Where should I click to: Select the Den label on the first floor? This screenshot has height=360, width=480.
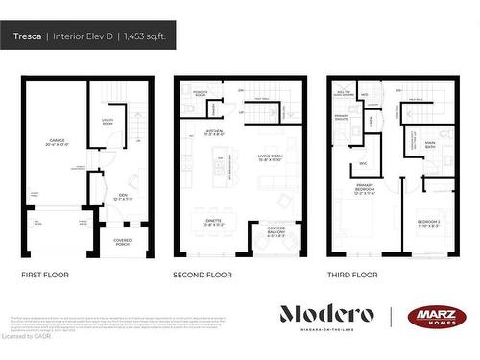click(123, 197)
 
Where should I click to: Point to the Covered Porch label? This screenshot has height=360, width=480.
click(123, 242)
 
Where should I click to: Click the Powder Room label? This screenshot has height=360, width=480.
click(200, 94)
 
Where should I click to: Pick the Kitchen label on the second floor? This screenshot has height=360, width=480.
click(214, 132)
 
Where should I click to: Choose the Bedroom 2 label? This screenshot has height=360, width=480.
click(428, 224)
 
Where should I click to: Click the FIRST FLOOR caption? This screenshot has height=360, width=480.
click(46, 275)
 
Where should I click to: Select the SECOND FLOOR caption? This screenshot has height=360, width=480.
click(203, 275)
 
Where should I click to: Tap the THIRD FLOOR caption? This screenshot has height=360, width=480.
click(353, 275)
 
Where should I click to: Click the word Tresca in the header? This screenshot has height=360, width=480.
click(28, 36)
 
